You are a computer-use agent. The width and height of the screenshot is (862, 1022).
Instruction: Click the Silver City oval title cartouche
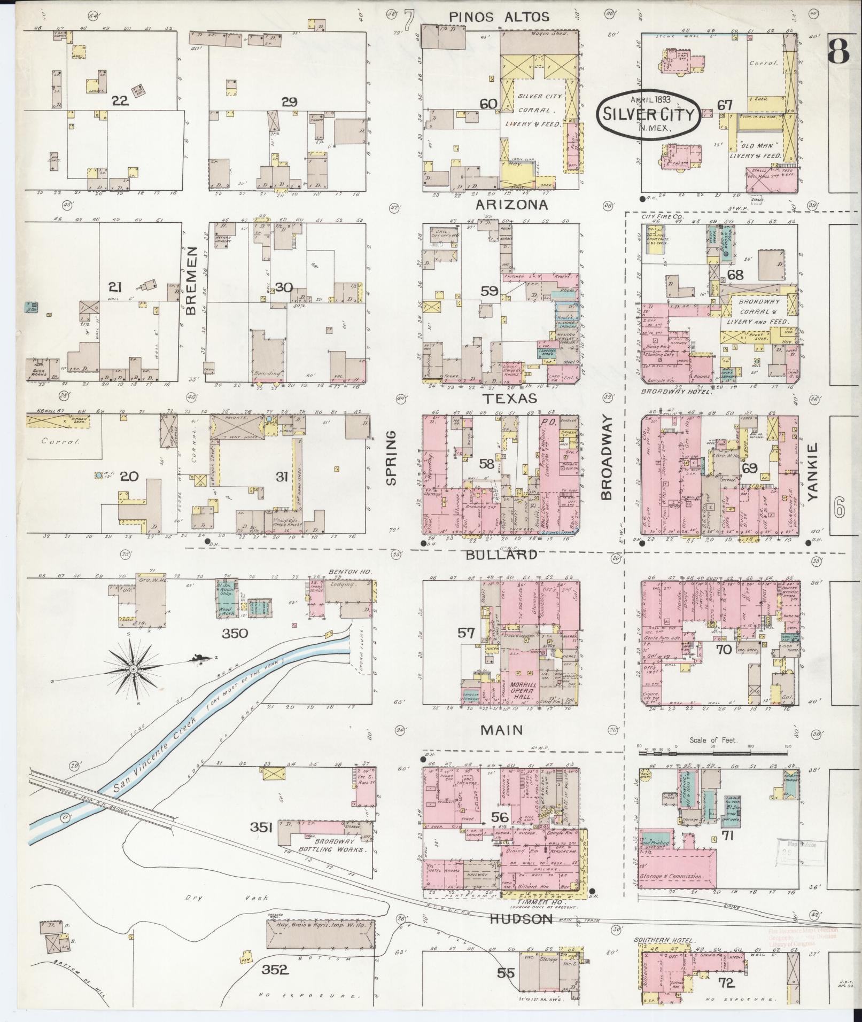(x=650, y=113)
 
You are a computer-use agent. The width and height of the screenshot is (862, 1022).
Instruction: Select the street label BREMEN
(x=193, y=283)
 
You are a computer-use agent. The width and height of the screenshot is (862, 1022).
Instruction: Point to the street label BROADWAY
(x=607, y=457)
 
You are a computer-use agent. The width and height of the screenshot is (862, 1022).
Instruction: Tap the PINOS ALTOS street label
(x=499, y=17)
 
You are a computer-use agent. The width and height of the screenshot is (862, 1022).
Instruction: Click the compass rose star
(x=133, y=668)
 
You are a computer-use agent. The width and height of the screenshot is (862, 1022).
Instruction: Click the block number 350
(x=235, y=634)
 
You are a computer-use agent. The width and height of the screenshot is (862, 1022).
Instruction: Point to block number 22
(x=121, y=100)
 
